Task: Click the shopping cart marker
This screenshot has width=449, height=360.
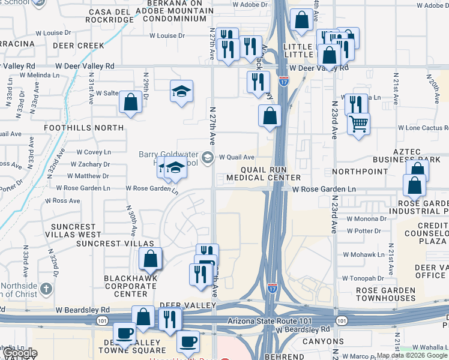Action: tap(358, 124)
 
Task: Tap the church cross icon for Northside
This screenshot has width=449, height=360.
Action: tap(46, 290)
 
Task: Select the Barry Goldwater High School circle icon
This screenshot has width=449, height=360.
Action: tap(208, 157)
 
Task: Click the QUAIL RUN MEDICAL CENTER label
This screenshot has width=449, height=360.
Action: tap(262, 173)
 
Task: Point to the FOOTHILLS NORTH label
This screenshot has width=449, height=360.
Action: tap(84, 128)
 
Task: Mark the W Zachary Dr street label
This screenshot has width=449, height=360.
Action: tap(89, 164)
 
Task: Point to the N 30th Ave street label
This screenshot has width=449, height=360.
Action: tap(129, 220)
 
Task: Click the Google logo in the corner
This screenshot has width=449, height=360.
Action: tap(20, 353)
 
